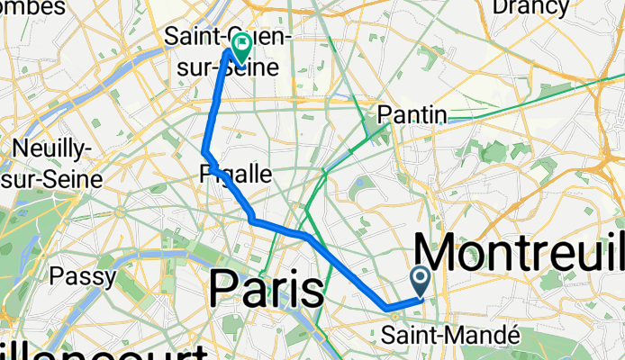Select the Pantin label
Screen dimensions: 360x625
click(412, 114)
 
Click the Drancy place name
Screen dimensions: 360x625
click(530, 8)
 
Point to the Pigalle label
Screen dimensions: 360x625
click(234, 174)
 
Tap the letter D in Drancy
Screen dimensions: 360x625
click(499, 8)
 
